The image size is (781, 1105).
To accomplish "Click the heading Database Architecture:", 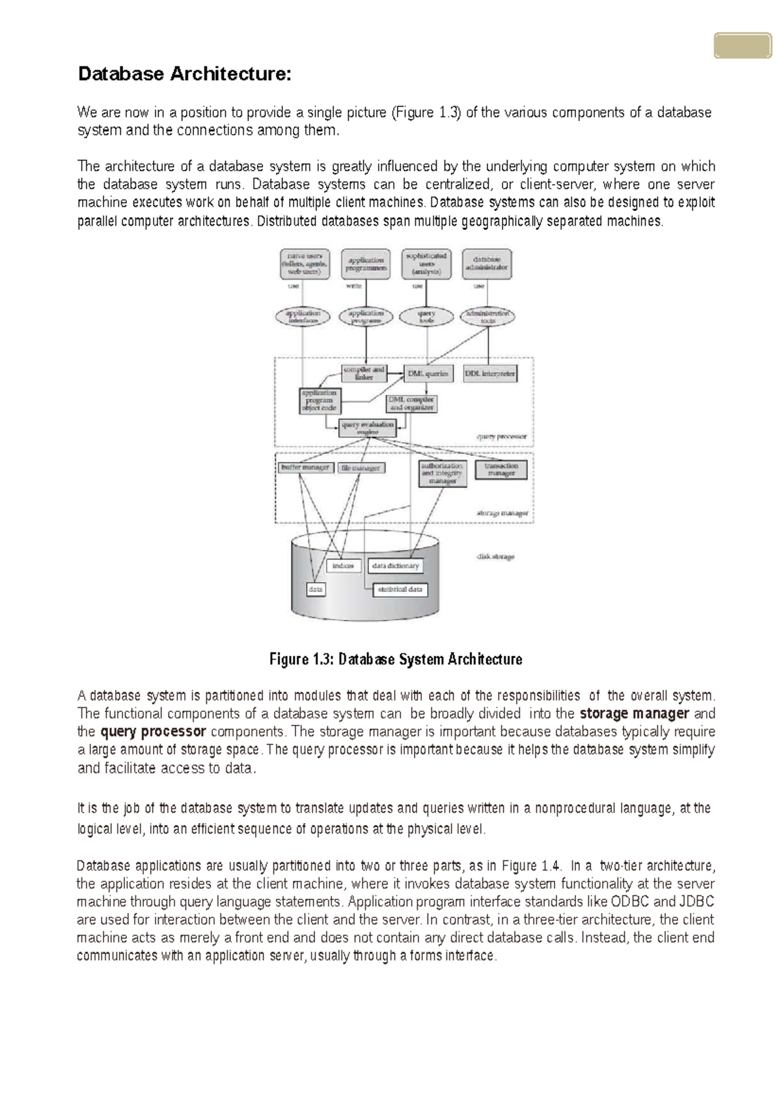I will [x=184, y=74].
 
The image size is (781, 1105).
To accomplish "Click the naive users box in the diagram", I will [x=305, y=264].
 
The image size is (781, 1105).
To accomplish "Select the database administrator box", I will [x=486, y=264].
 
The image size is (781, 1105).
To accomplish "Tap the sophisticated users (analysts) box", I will [x=426, y=264].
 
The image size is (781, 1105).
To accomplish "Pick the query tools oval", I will [x=426, y=317].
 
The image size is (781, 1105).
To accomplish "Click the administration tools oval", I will [x=487, y=317].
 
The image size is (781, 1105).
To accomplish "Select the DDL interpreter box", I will [x=490, y=374].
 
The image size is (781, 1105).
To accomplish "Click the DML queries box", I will [x=428, y=374].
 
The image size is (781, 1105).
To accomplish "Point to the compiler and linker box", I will [x=364, y=374].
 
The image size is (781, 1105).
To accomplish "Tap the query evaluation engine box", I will [x=368, y=428].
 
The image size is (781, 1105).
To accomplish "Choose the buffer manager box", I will [x=305, y=467].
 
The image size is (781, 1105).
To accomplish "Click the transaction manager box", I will [x=500, y=469].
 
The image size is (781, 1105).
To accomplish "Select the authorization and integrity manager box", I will [x=443, y=473].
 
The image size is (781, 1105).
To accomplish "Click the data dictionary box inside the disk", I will [x=396, y=566].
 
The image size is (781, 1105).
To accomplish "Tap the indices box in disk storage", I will [x=343, y=566].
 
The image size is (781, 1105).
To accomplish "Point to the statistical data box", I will [x=400, y=590].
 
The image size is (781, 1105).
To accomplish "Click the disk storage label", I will [x=495, y=556].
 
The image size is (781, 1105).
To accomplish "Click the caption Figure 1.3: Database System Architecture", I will [x=396, y=659].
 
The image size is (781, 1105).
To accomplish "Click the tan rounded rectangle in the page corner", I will [x=742, y=46].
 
